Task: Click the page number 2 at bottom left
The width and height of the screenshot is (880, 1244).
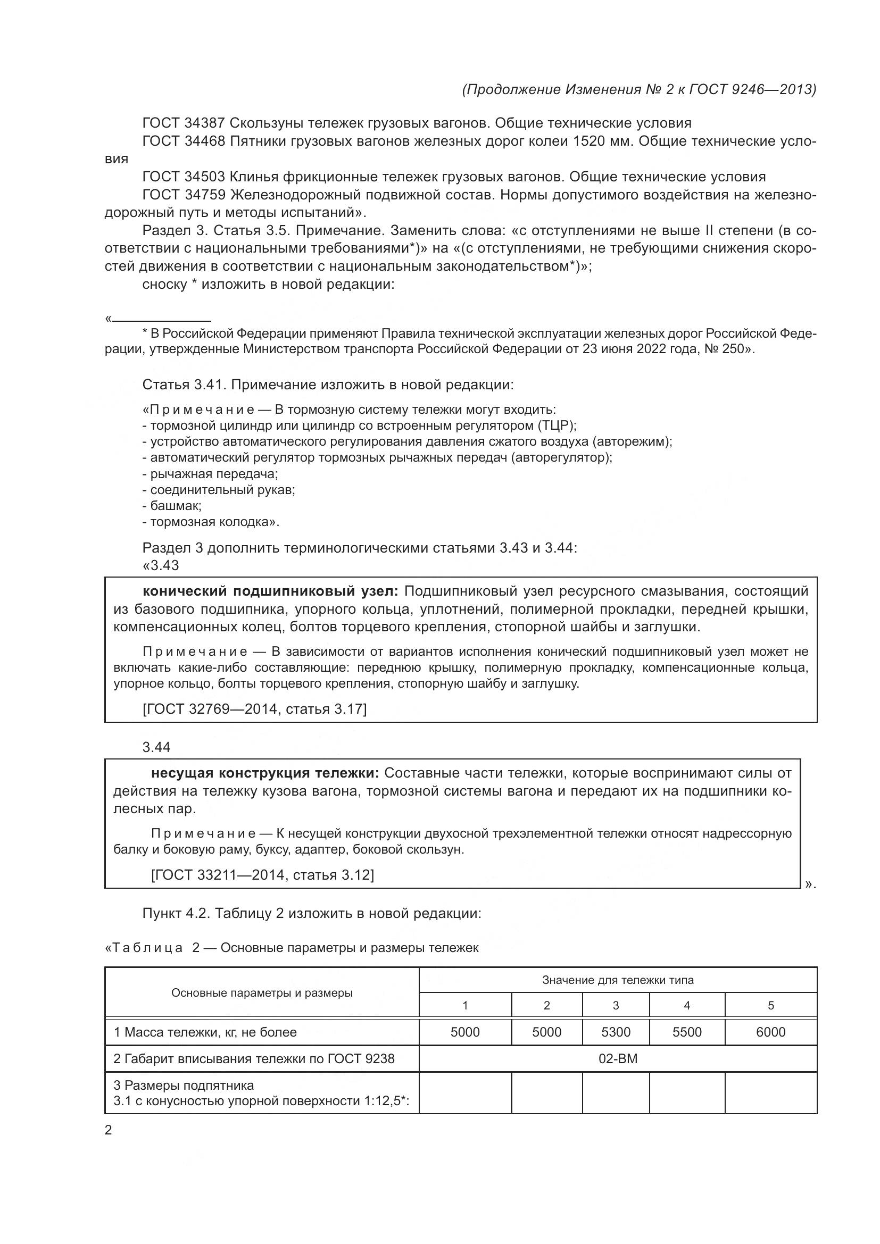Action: [x=109, y=1131]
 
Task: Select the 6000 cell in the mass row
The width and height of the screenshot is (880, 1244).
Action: [x=770, y=1032]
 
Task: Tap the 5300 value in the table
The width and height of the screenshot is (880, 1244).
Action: [x=616, y=1032]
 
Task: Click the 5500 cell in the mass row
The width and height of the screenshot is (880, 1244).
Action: [x=686, y=1032]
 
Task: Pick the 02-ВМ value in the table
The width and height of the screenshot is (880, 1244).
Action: [x=618, y=1059]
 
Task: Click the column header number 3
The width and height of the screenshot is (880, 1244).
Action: [x=616, y=1006]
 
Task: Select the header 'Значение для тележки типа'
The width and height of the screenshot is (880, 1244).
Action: [x=618, y=980]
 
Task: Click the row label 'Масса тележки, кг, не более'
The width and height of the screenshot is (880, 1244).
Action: [x=205, y=1032]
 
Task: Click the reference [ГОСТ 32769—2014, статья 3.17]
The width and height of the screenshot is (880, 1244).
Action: [x=254, y=708]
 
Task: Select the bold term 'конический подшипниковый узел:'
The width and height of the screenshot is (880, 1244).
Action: [x=270, y=590]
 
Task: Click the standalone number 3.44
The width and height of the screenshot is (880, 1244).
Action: [x=156, y=747]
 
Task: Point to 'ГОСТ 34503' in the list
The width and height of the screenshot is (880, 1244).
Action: [x=184, y=177]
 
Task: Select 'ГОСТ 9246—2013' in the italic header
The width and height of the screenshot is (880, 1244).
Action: [x=752, y=89]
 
